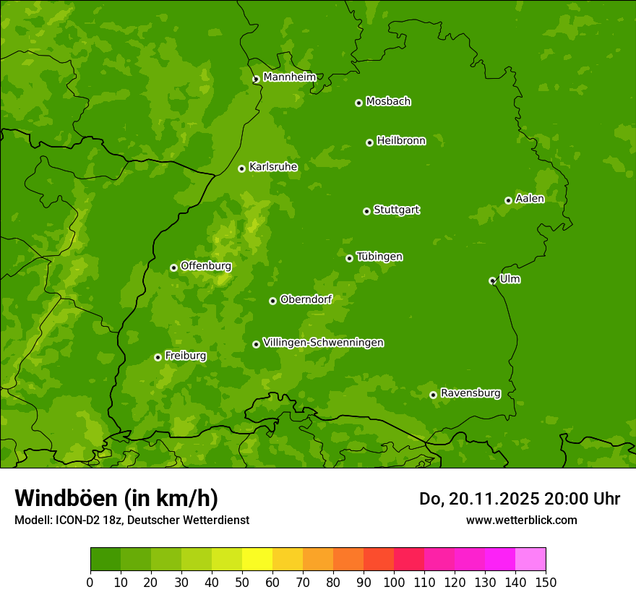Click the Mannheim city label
click(x=289, y=77)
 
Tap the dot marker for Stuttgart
click(x=366, y=211)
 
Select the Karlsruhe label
click(x=273, y=167)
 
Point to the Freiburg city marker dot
click(x=158, y=357)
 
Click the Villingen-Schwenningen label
click(x=323, y=343)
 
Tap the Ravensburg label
click(x=470, y=393)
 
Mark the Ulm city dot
click(x=492, y=280)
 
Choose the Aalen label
click(x=530, y=199)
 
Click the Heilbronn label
click(x=401, y=141)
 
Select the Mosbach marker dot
click(x=358, y=103)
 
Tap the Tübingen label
click(x=379, y=257)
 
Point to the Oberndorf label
click(x=306, y=299)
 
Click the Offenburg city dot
click(x=173, y=267)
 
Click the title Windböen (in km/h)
click(x=116, y=498)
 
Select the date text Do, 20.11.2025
click(x=477, y=499)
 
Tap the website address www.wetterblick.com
click(x=521, y=520)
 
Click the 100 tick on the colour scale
click(x=394, y=582)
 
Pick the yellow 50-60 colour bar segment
click(x=257, y=560)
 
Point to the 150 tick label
click(x=546, y=582)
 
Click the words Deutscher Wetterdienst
click(x=194, y=520)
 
